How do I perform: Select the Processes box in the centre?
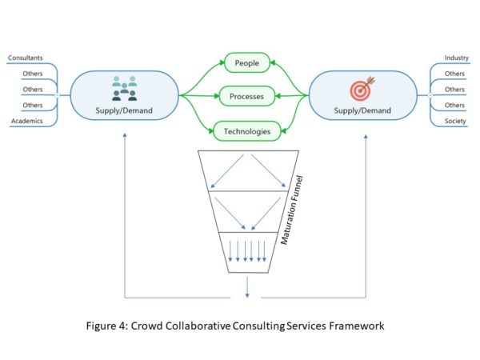coord(246,96)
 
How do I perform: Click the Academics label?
coord(27,122)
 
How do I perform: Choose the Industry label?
coord(456,58)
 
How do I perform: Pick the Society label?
coord(456,122)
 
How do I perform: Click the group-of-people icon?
coord(124,88)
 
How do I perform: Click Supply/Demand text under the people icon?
coord(123,110)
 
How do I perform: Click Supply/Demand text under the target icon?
coord(360,110)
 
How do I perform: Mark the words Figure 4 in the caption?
coord(109,326)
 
